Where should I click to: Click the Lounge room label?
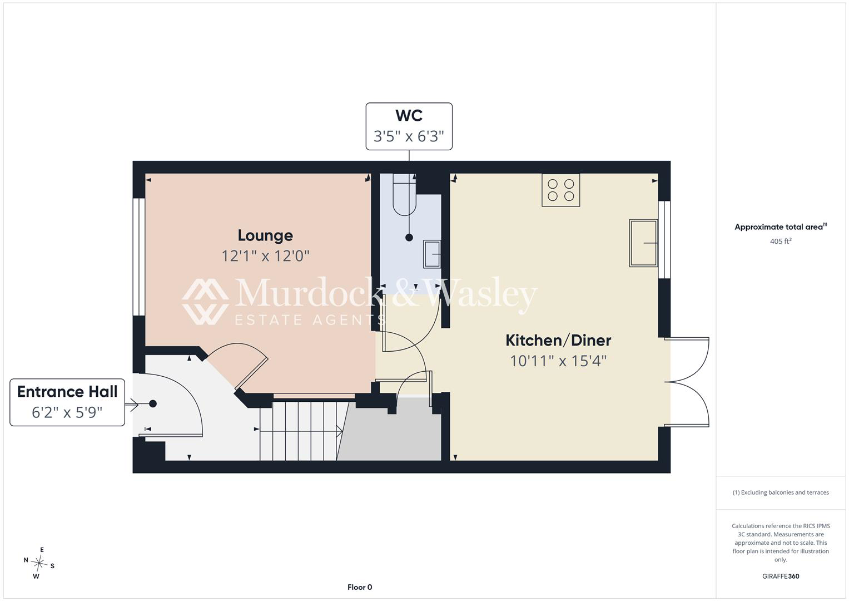[265, 235]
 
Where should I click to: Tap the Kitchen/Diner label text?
[558, 341]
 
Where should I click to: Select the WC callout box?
[409, 126]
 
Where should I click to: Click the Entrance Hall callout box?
[67, 402]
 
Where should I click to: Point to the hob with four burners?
[561, 190]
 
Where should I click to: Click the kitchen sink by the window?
[643, 243]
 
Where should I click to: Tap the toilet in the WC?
[404, 195]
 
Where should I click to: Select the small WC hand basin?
[431, 254]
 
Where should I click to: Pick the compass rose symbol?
[39, 563]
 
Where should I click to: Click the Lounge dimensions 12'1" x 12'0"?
[265, 256]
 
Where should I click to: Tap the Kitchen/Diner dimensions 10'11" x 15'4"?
[558, 361]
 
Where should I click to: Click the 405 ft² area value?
[781, 242]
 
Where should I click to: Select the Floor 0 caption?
[360, 587]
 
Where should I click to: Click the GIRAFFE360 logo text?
[781, 577]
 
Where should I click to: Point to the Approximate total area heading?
[781, 226]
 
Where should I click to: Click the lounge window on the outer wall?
[139, 257]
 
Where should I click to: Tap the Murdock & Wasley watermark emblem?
[205, 302]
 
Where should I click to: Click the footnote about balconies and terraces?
[781, 492]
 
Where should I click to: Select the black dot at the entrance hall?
[153, 403]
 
